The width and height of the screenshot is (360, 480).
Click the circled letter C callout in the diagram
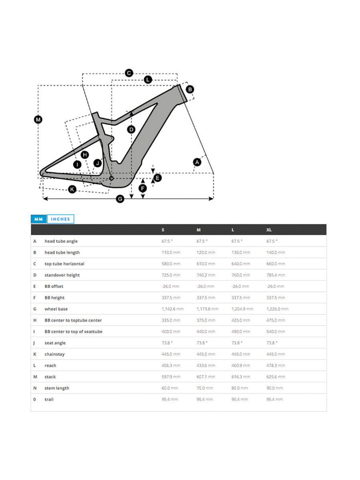tap(129, 73)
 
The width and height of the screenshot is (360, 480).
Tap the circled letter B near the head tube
tap(190, 89)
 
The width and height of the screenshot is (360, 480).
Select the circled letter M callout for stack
tap(38, 119)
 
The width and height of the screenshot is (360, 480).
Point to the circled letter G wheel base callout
tap(120, 199)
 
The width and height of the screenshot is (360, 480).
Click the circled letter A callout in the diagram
tap(197, 162)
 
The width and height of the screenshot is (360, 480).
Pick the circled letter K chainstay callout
tap(72, 189)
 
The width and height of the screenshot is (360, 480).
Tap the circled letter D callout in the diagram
tap(131, 129)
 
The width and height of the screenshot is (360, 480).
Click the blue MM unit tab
tap(39, 219)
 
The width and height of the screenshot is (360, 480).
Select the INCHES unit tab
tap(60, 219)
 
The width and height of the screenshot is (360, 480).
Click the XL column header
tap(269, 230)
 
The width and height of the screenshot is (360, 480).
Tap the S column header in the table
tap(163, 230)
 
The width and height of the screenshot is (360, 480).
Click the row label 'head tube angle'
tap(61, 241)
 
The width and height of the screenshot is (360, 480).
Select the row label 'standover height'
tap(62, 275)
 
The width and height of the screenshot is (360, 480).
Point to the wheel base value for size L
tap(242, 309)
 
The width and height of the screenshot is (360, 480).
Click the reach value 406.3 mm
tap(168, 366)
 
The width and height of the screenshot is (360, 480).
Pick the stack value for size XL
tap(276, 377)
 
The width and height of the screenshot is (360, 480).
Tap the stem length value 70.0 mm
tap(205, 388)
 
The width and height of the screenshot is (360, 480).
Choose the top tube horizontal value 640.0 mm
tap(241, 264)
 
